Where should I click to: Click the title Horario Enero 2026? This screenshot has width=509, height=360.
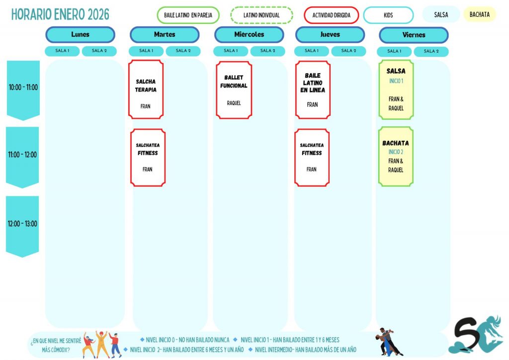click(60, 14)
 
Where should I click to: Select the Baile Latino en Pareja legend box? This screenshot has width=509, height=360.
click(188, 15)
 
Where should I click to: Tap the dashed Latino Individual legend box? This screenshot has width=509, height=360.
click(261, 15)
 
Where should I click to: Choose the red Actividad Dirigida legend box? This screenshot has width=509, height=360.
click(331, 15)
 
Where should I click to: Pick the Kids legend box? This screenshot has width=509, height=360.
click(388, 15)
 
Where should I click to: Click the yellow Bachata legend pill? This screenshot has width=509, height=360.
click(479, 14)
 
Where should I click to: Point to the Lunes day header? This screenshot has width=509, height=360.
click(80, 35)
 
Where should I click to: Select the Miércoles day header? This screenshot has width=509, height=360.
click(249, 35)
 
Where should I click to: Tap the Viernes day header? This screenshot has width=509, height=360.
click(414, 35)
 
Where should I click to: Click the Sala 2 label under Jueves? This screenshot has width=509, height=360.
click(348, 51)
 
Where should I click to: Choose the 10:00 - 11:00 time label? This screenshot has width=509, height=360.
click(23, 88)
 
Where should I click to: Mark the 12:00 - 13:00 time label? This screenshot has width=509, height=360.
click(22, 224)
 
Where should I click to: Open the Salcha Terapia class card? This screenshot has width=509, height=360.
click(146, 90)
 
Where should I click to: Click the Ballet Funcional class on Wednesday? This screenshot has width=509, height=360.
click(234, 90)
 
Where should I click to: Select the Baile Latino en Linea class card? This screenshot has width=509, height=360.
click(312, 90)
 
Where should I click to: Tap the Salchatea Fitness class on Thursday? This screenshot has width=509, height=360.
click(312, 157)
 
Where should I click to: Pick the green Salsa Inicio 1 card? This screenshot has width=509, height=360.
click(396, 90)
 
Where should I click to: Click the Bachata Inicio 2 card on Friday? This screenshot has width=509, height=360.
click(396, 156)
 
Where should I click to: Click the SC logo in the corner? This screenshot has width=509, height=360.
click(475, 335)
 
